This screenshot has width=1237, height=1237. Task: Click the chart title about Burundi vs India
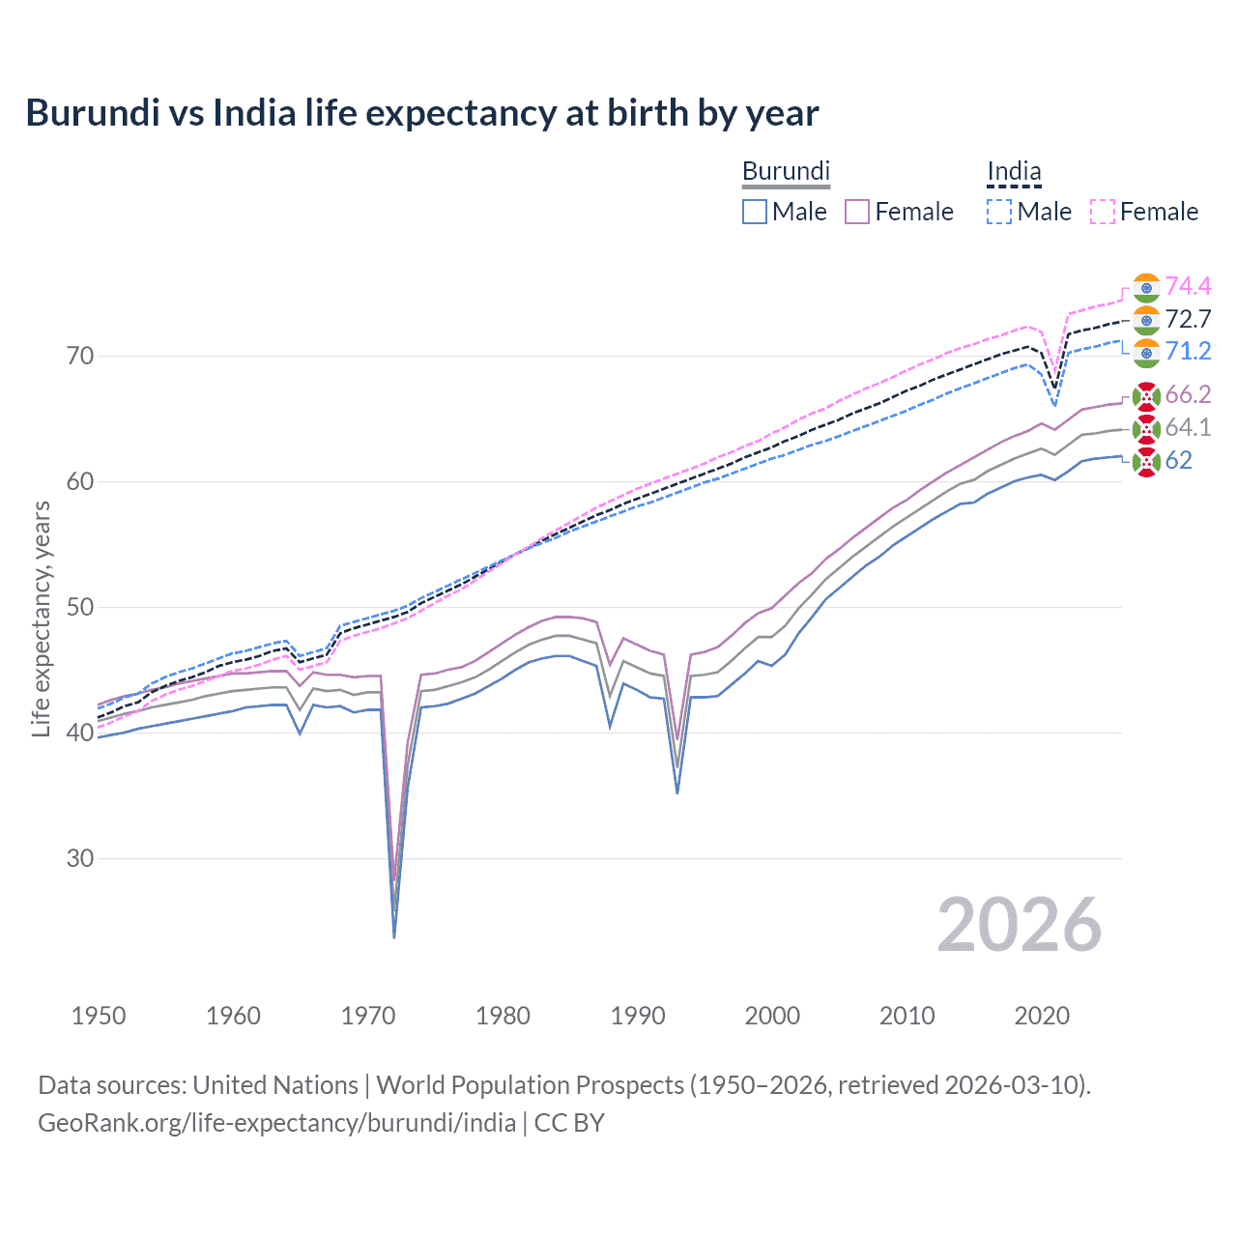coord(421,113)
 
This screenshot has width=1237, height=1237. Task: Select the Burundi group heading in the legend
coord(786,171)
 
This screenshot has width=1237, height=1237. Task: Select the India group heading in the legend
coord(1014,172)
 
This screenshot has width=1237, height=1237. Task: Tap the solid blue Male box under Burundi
coord(755,212)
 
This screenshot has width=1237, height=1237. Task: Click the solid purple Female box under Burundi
coord(857,212)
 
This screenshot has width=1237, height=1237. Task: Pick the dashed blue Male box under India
coord(999,212)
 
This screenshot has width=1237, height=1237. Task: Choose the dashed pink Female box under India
coord(1103,212)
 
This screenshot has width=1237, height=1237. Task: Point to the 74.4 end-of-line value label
coord(1188,286)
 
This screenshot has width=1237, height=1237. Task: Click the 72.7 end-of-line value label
coord(1188,319)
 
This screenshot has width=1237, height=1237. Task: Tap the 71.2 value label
coord(1188,351)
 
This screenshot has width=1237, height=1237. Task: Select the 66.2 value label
coord(1188,394)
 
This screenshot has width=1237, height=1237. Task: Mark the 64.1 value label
coord(1188,427)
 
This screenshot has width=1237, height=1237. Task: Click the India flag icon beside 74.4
coord(1146,288)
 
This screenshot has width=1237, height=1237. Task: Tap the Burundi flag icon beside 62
coord(1146,462)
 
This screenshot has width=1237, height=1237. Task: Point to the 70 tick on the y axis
coord(80,357)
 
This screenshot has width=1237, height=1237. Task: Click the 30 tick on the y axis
coord(80,858)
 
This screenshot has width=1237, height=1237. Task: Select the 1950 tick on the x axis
coord(99,1016)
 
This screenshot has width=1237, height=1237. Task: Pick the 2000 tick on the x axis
coord(772,1016)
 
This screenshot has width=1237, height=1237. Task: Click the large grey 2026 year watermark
coord(1019,925)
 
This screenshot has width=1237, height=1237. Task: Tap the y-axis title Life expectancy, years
coord(42,618)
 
